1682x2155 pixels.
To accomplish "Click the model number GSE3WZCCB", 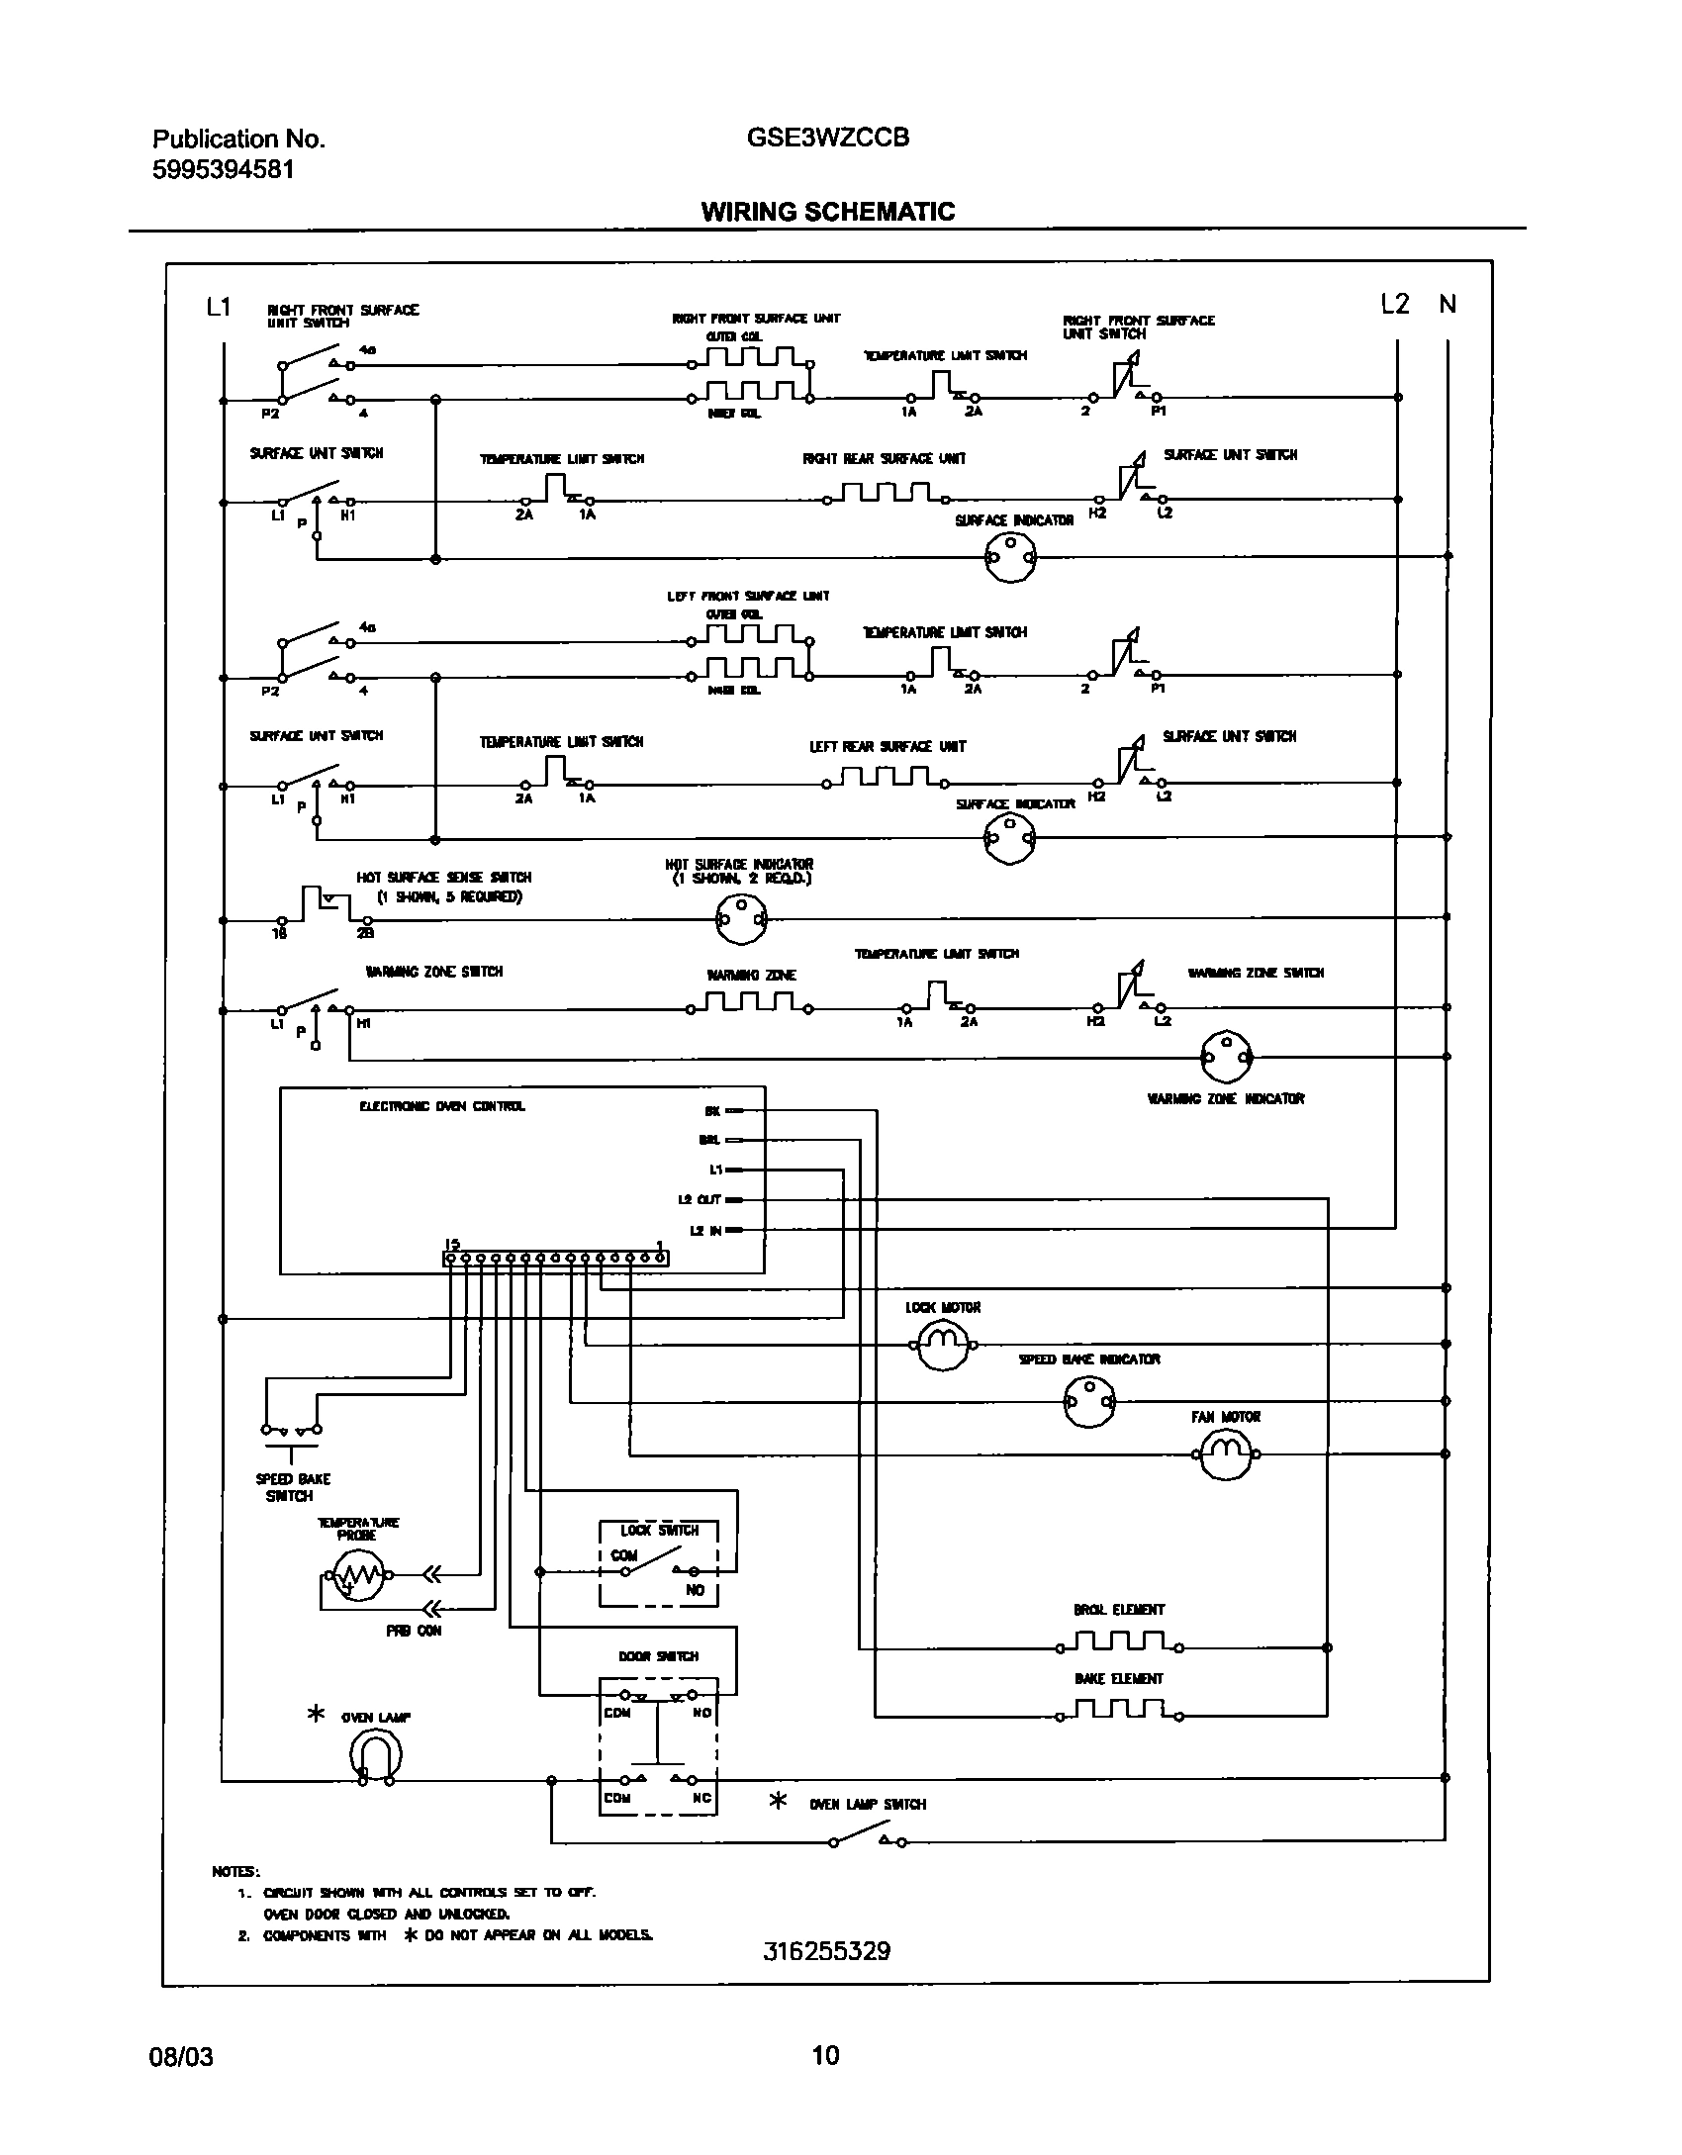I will click(x=828, y=138).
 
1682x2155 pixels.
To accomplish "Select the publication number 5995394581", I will click(x=223, y=170).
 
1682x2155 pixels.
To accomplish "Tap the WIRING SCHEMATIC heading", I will click(x=828, y=212).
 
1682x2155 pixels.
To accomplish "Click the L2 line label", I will click(x=1395, y=305).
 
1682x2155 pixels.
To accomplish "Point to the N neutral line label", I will click(x=1448, y=305).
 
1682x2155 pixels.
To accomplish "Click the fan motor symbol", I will click(x=1225, y=1453).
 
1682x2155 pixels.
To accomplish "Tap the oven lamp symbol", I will click(x=376, y=1757).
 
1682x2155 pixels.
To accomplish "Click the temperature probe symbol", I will click(x=358, y=1574).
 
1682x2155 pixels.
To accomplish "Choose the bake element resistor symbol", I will click(x=1119, y=1713).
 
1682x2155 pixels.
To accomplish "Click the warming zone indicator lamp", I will click(x=1225, y=1057).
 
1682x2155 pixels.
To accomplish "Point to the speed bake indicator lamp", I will click(x=1088, y=1401).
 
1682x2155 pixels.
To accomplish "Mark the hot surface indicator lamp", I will click(x=741, y=919).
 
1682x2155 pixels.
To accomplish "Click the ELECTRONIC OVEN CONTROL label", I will click(x=442, y=1106).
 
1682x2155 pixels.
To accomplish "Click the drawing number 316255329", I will click(x=827, y=1952).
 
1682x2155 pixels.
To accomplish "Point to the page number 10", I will click(x=825, y=2056).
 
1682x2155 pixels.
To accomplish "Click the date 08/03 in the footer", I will click(x=181, y=2057).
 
